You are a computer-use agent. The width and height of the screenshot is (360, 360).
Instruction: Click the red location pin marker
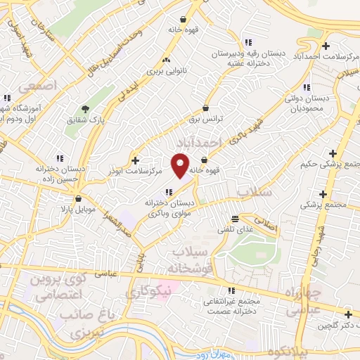181,165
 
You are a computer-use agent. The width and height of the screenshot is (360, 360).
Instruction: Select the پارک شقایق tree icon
86,109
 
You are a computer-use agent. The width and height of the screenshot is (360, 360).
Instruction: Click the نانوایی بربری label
165,71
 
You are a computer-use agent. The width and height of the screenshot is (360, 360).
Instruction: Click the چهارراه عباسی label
303,300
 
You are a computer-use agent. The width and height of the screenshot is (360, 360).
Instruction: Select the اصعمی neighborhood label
34,86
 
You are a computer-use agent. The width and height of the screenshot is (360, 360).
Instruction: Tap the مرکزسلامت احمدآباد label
311,49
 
